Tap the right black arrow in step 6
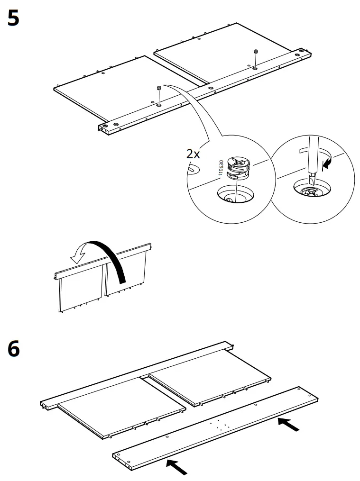pos(289,425)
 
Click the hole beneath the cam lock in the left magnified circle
pos(235,195)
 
